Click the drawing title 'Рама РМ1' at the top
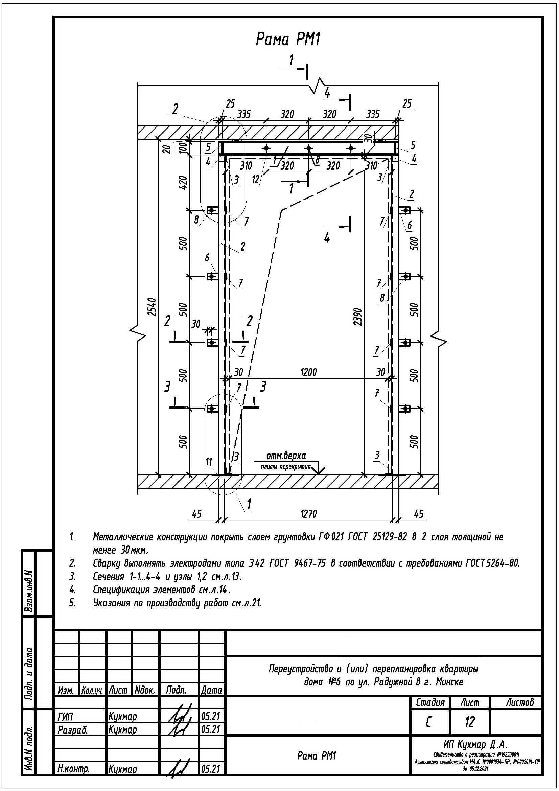click(x=288, y=40)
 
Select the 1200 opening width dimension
click(x=308, y=372)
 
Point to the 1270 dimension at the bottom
click(x=308, y=514)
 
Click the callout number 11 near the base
click(x=209, y=462)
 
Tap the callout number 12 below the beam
click(x=255, y=180)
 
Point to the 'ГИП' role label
click(x=66, y=716)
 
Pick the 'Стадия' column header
click(x=430, y=702)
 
